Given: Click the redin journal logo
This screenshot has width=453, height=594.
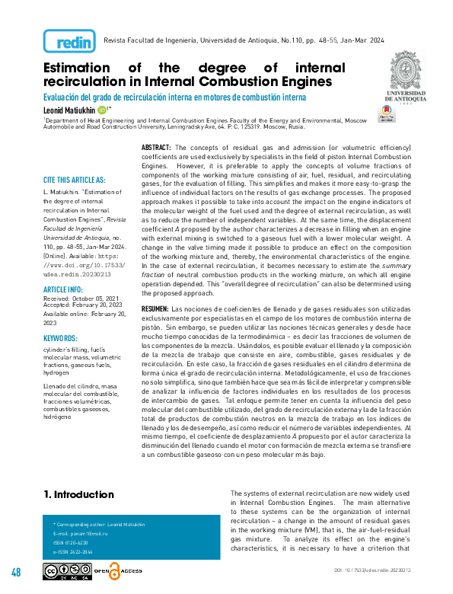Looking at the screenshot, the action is pyautogui.click(x=69, y=40).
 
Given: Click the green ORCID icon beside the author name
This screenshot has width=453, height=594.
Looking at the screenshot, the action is pyautogui.click(x=103, y=110).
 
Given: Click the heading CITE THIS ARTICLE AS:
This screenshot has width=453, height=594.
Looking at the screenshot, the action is pyautogui.click(x=74, y=180).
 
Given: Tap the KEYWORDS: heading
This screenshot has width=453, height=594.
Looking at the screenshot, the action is pyautogui.click(x=62, y=337).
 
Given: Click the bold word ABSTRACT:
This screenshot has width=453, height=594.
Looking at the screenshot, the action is pyautogui.click(x=157, y=145).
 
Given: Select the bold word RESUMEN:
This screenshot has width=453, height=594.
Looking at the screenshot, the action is pyautogui.click(x=156, y=308).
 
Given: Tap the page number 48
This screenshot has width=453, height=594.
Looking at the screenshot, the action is pyautogui.click(x=16, y=572).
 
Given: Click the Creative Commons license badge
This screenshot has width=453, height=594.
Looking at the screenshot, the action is pyautogui.click(x=67, y=571).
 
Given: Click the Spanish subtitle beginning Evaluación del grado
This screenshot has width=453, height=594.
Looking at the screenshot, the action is pyautogui.click(x=174, y=97).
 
